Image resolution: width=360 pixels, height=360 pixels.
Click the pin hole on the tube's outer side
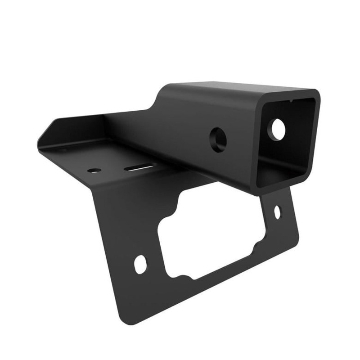(218, 139)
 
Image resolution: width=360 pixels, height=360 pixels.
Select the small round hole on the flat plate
(94, 171)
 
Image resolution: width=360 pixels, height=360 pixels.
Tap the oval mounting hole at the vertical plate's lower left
(140, 264)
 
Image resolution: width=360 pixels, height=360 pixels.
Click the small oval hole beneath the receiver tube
(277, 211)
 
